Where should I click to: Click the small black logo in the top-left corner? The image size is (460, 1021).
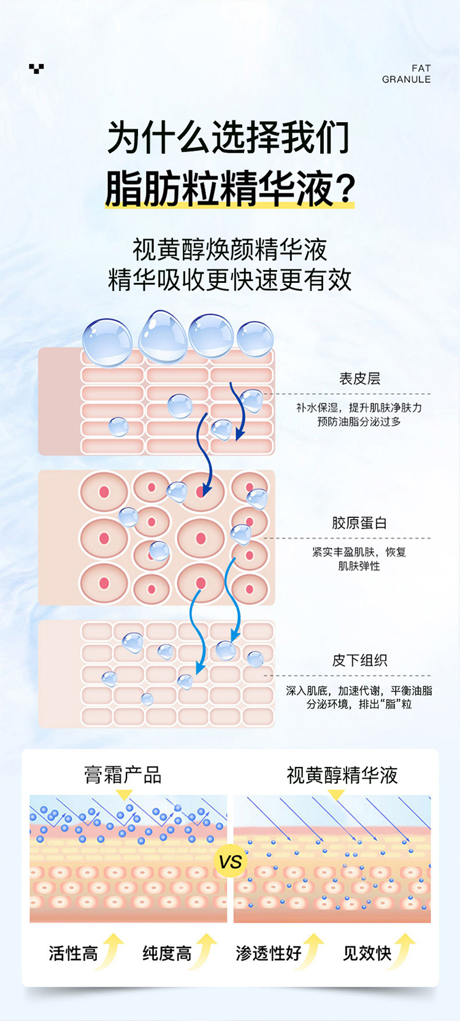click(x=36, y=68)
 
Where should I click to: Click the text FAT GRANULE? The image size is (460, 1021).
click(x=406, y=74)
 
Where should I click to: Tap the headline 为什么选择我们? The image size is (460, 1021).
click(x=229, y=137)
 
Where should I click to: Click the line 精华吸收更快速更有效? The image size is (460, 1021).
click(x=230, y=280)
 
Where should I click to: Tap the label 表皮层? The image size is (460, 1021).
click(x=359, y=379)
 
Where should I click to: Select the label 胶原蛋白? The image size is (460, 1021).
click(x=359, y=523)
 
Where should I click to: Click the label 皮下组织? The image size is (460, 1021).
click(x=359, y=660)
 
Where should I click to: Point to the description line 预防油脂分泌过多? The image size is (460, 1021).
click(x=359, y=422)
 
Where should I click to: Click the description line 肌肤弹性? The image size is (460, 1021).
click(x=359, y=566)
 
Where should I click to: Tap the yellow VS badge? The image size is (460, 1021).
click(x=230, y=861)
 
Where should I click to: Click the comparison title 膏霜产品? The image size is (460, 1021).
click(x=123, y=775)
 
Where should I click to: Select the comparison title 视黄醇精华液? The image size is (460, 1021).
click(x=342, y=775)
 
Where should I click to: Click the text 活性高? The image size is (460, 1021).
click(x=73, y=953)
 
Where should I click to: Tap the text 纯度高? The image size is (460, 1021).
click(x=167, y=953)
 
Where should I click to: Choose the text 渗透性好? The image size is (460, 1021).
click(x=269, y=953)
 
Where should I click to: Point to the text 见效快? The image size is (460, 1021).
click(x=367, y=953)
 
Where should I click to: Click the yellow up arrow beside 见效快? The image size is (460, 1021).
click(x=405, y=950)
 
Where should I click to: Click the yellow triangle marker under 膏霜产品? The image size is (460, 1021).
click(x=124, y=795)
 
